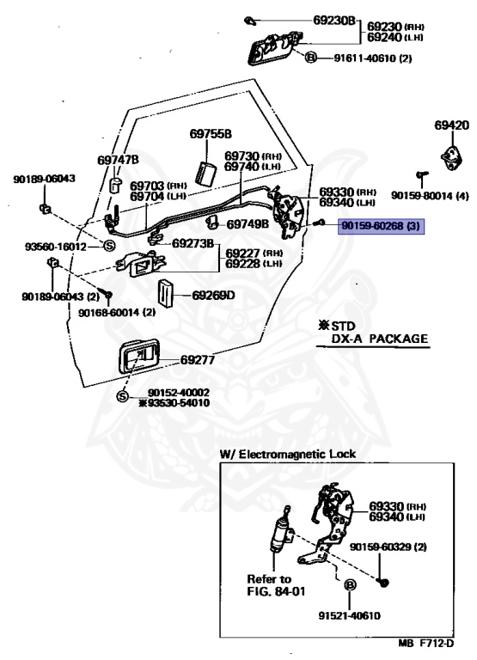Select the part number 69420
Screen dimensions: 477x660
[452, 125]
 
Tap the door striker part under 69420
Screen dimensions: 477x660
[452, 159]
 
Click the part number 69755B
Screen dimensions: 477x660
[210, 134]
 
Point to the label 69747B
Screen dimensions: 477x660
[118, 161]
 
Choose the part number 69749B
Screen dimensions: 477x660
[248, 224]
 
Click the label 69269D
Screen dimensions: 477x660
[213, 295]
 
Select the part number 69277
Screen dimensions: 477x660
[198, 360]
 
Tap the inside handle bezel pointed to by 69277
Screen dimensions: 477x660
[138, 357]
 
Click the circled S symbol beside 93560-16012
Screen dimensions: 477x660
[109, 246]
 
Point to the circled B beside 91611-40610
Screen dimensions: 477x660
[311, 58]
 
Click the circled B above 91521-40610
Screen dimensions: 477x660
[350, 584]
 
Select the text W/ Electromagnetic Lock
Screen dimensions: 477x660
[288, 454]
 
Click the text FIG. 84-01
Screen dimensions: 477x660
[276, 591]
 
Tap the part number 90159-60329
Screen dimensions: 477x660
[382, 547]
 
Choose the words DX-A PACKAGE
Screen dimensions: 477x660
[379, 339]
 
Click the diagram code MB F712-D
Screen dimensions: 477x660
[426, 644]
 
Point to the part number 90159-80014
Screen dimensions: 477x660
[422, 196]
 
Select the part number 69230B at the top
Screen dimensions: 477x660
[334, 20]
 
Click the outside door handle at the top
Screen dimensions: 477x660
[276, 48]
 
